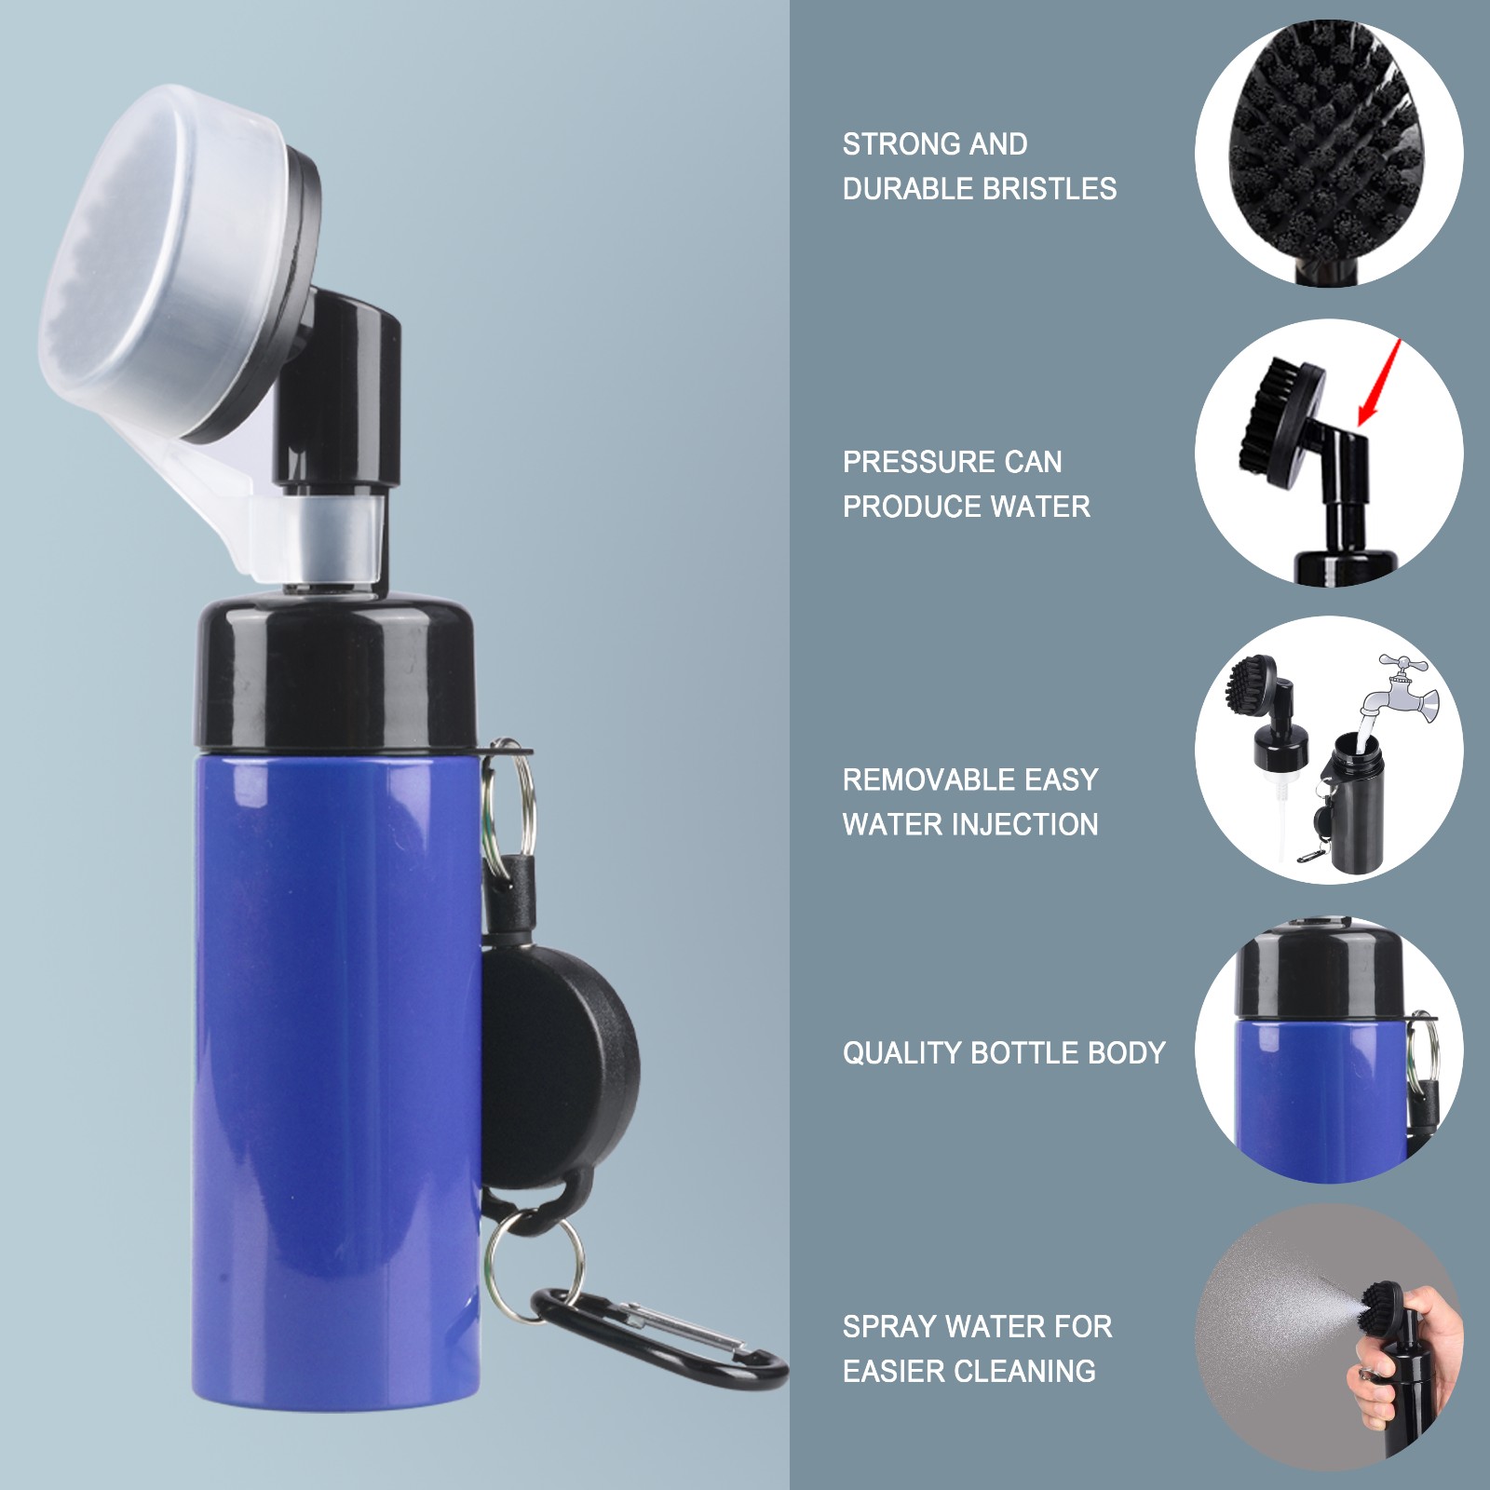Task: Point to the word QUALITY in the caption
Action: (902, 1053)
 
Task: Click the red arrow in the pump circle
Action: (1379, 382)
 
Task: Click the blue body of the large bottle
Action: (335, 1071)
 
